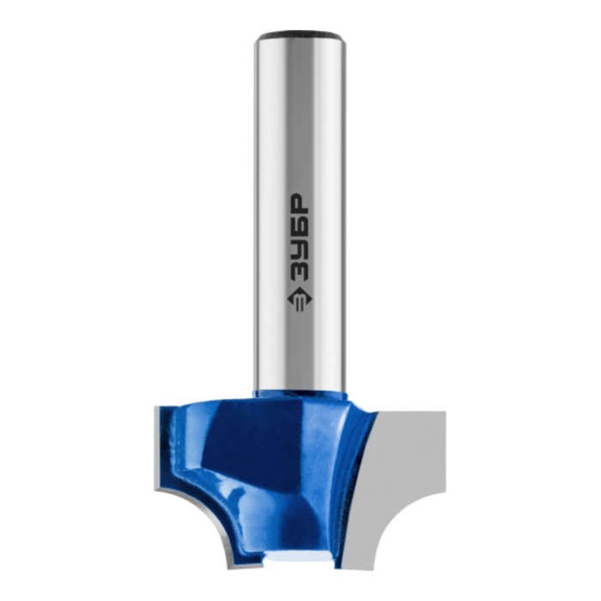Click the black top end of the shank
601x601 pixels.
pos(300,37)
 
